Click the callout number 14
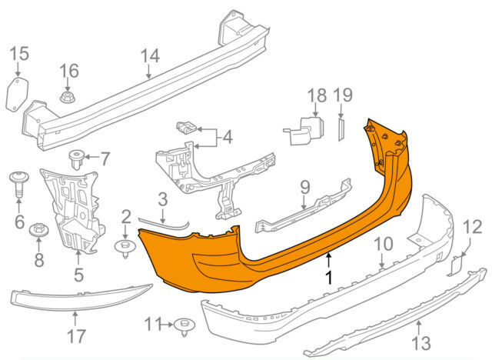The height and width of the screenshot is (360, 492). pyautogui.click(x=150, y=56)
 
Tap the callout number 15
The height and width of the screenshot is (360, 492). pyautogui.click(x=19, y=54)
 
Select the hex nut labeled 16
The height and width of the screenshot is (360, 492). pyautogui.click(x=67, y=97)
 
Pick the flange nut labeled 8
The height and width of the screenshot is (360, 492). pyautogui.click(x=38, y=230)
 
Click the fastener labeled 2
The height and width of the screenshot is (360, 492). pyautogui.click(x=125, y=247)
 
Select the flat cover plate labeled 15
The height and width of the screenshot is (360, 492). pyautogui.click(x=17, y=95)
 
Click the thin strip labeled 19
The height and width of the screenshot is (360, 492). pyautogui.click(x=341, y=128)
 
